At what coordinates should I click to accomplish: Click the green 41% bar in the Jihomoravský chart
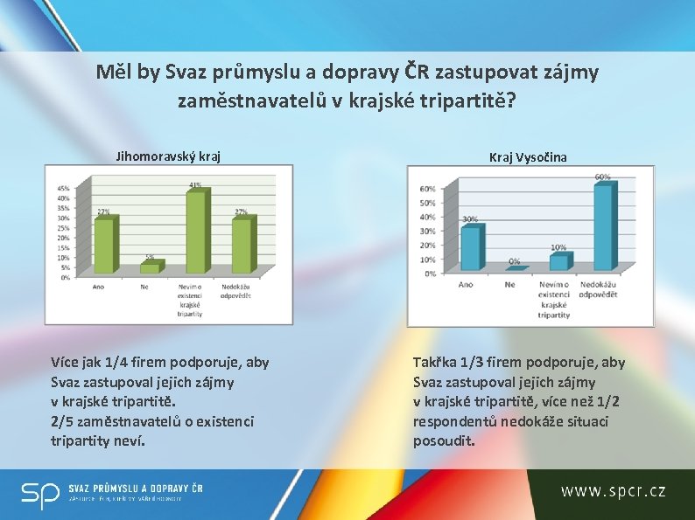click(195, 232)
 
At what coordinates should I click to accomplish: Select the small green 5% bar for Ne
click(150, 267)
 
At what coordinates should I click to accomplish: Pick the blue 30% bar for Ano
click(470, 248)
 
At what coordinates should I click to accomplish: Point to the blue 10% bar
click(558, 261)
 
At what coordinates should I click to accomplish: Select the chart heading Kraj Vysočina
click(528, 157)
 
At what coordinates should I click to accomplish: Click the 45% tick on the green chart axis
click(63, 188)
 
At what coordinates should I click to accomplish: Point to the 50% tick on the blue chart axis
click(427, 203)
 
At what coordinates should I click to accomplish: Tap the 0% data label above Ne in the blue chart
click(514, 261)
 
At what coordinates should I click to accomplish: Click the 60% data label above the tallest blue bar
click(603, 177)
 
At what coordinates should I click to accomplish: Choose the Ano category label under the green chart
click(103, 286)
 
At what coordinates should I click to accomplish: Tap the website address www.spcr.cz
click(614, 491)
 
